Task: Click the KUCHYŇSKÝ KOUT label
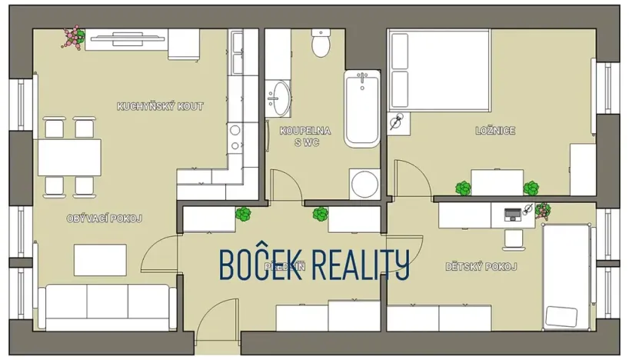(x=160, y=106)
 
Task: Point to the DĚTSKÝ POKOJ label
(x=481, y=267)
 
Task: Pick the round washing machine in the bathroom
(x=364, y=184)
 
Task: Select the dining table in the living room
(x=69, y=157)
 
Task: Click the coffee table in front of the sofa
(x=100, y=260)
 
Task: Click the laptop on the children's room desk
(x=512, y=213)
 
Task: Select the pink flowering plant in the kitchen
(x=73, y=38)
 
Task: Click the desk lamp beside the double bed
(x=398, y=121)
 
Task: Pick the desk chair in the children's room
(x=512, y=238)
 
